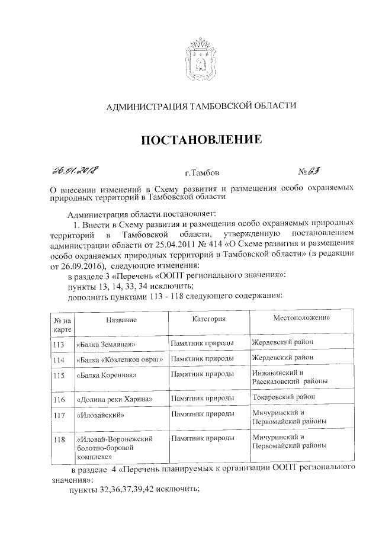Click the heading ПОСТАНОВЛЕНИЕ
[x=201, y=140]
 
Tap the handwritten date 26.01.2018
[x=76, y=171]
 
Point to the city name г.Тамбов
[x=201, y=174]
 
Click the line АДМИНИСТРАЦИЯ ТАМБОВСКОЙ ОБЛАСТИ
[x=200, y=107]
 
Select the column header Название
[x=121, y=320]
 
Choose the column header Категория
[x=209, y=319]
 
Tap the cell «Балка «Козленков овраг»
[x=119, y=360]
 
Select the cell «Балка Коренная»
[x=107, y=375]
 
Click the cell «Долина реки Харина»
[x=114, y=400]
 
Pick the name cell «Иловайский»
[x=100, y=416]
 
